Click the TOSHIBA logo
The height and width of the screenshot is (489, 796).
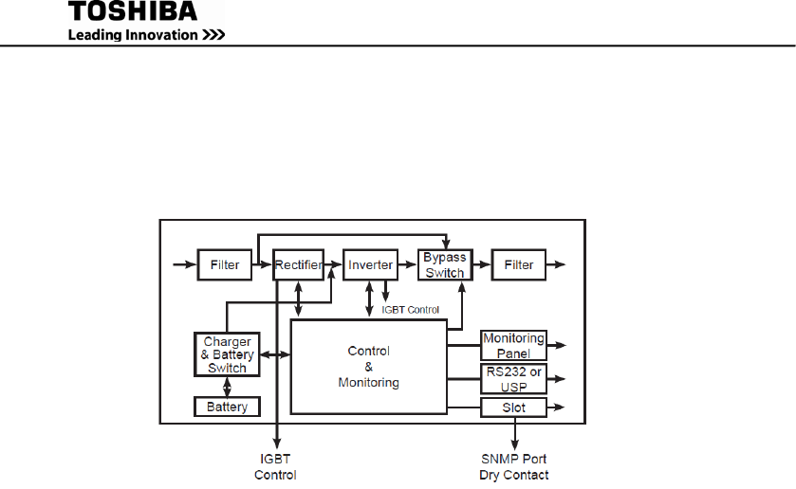click(x=133, y=12)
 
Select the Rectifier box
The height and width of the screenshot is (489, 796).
click(x=298, y=265)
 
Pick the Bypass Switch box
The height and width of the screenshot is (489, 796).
click(x=444, y=265)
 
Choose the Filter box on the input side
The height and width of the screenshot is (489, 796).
click(x=225, y=265)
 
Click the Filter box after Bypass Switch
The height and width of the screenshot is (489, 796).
click(x=519, y=265)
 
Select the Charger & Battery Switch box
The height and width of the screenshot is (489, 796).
click(x=227, y=354)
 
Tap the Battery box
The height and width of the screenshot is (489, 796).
click(x=227, y=407)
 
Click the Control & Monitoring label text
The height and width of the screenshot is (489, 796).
click(x=368, y=367)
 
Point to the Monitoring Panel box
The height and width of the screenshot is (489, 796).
click(x=513, y=345)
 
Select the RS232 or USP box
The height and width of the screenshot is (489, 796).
click(x=513, y=379)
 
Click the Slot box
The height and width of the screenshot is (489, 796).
click(x=513, y=407)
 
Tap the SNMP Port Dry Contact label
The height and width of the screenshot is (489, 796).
click(x=513, y=466)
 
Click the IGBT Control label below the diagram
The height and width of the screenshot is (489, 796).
click(x=275, y=466)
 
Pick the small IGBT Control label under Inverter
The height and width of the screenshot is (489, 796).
click(x=410, y=309)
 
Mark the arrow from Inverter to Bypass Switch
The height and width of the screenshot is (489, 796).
click(x=406, y=265)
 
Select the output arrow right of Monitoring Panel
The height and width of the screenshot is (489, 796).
click(x=558, y=346)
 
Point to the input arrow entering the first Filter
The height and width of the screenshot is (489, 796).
click(x=184, y=265)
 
